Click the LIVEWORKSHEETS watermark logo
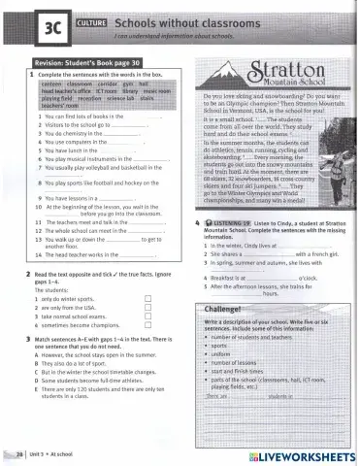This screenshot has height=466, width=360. (x=296, y=454)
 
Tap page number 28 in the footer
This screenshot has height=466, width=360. (x=18, y=453)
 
